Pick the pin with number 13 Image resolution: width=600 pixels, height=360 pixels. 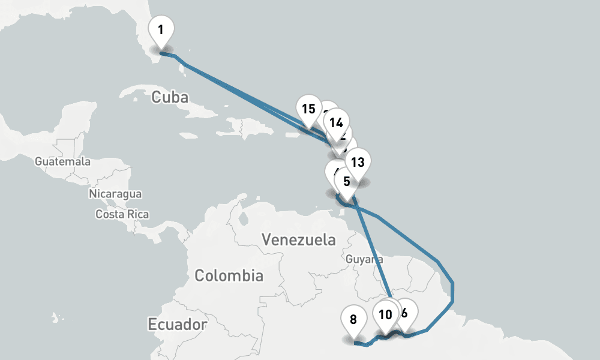coord(357,163)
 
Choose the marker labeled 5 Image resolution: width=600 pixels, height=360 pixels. coord(346,181)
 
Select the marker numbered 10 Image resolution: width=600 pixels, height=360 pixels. coord(385,314)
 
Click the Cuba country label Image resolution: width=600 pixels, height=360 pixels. coord(170,97)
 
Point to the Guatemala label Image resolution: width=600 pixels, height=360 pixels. coord(62,161)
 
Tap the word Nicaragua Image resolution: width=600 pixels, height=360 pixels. coord(115,194)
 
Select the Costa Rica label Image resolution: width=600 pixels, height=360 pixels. coord(122,214)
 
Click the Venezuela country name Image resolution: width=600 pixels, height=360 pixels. coord(298,241)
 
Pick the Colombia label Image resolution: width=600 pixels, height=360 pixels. coord(229,276)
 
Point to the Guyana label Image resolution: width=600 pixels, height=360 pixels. coord(365,259)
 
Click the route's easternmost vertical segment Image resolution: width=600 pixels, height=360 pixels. coord(453,291)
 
